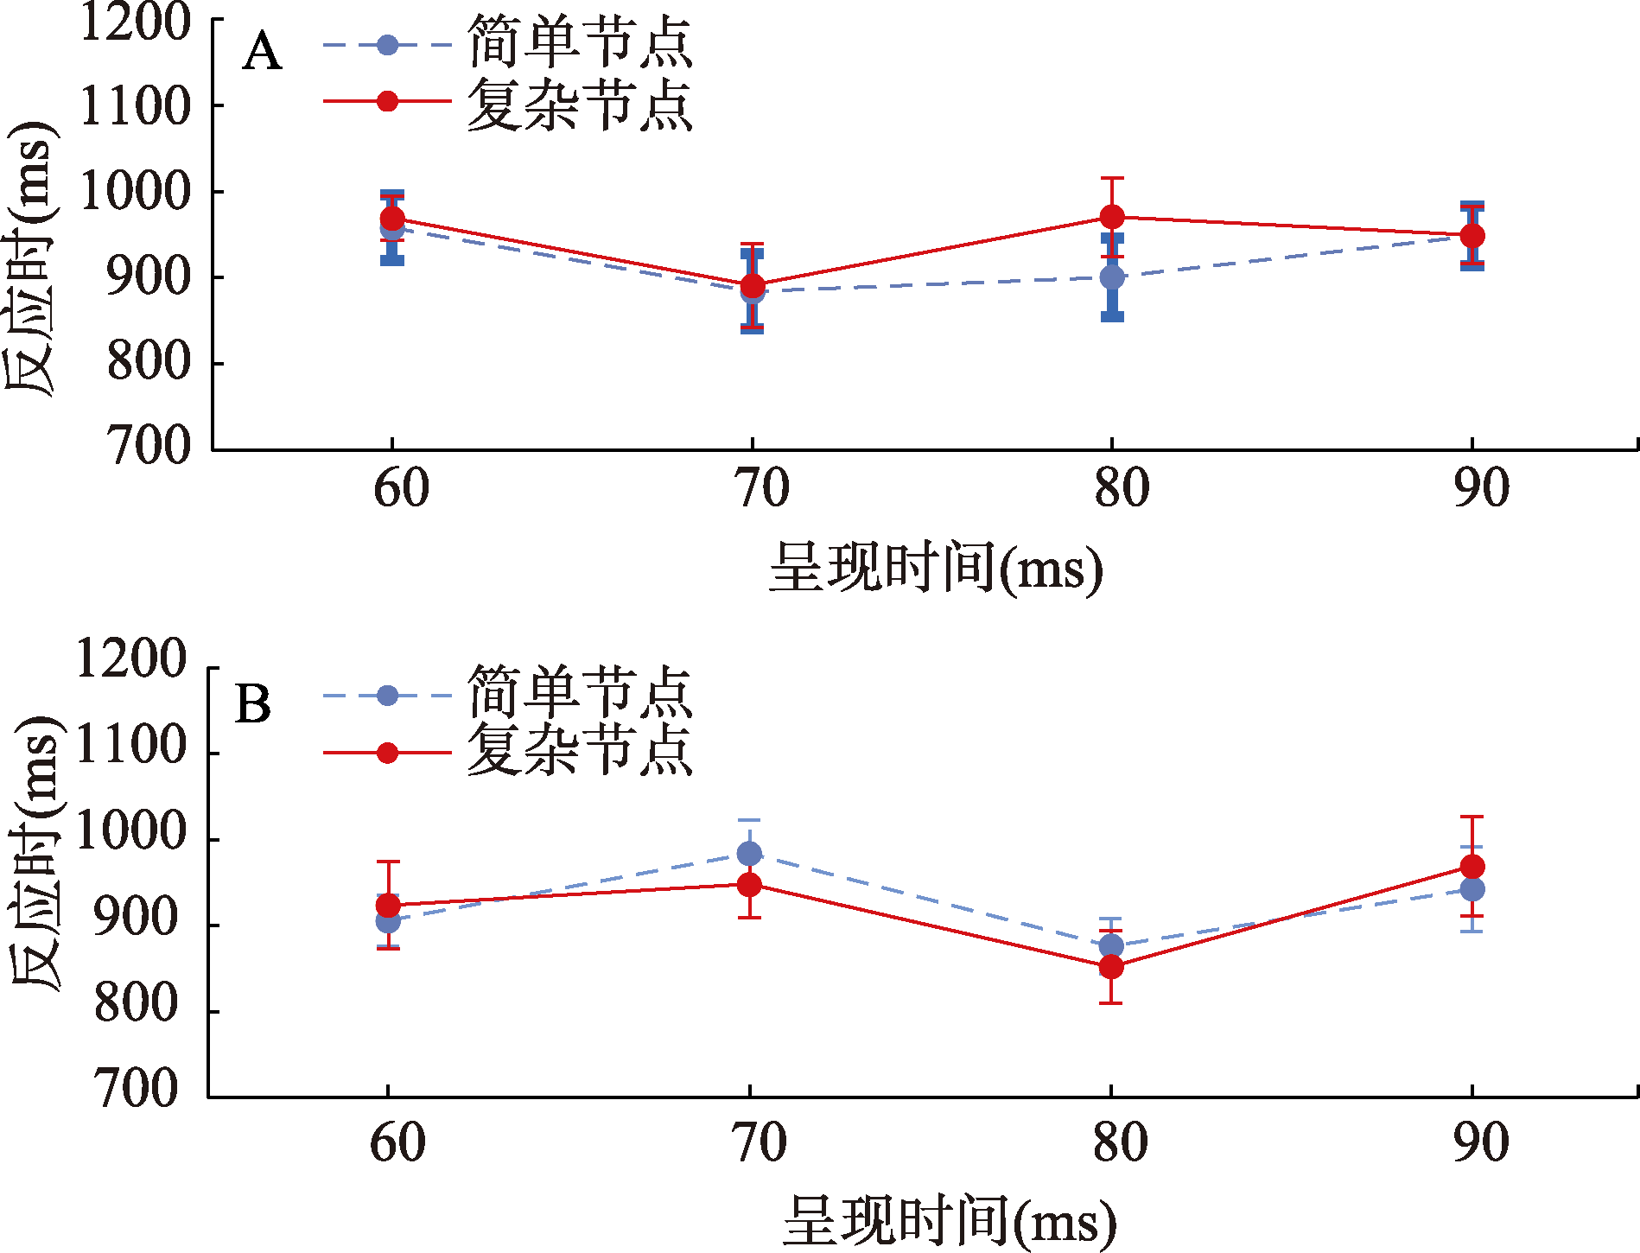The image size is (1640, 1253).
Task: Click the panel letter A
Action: click(262, 53)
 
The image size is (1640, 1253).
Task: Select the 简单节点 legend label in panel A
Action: click(580, 43)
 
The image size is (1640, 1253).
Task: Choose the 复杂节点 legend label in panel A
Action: click(580, 104)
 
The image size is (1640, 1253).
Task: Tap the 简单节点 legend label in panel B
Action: click(580, 693)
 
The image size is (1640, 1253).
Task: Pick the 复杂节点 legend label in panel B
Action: click(580, 750)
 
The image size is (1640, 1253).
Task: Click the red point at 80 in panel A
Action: click(1112, 216)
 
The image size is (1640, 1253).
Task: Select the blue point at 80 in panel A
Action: click(1112, 277)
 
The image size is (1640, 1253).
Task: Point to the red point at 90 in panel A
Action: click(1472, 235)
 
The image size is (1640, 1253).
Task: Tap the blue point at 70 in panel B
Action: click(749, 854)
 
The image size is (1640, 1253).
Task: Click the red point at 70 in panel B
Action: click(749, 885)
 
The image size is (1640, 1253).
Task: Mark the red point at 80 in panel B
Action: click(1111, 967)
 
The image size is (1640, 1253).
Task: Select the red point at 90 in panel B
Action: click(1472, 867)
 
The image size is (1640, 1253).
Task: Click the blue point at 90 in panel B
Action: click(1472, 889)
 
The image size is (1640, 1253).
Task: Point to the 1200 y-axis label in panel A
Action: click(135, 22)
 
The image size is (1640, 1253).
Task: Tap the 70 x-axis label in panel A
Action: click(761, 489)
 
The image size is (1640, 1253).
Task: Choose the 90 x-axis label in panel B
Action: click(1481, 1142)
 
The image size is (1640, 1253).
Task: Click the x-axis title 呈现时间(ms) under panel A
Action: click(936, 569)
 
